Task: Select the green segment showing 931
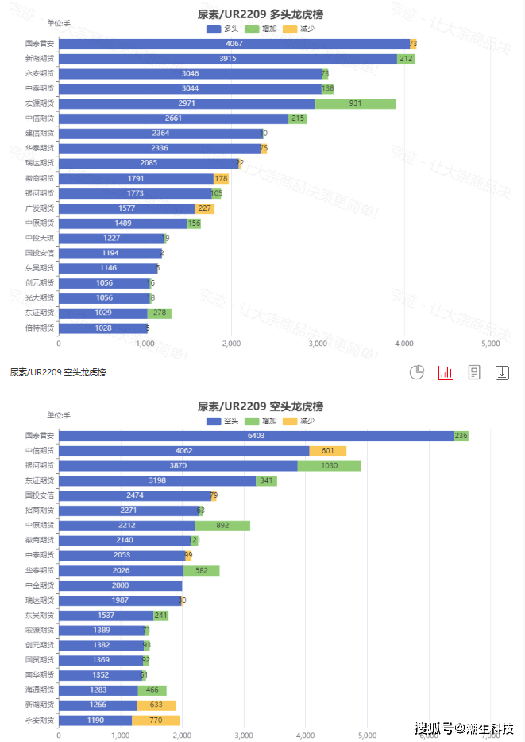355,103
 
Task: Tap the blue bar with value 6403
256,436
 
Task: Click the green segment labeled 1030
329,466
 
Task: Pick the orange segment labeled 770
156,721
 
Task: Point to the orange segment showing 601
327,451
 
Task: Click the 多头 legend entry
222,29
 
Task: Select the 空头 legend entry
222,421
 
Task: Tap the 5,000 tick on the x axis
490,344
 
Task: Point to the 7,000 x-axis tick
490,736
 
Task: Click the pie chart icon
417,372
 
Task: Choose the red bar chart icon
446,372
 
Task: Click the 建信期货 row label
40,134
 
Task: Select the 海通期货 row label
40,690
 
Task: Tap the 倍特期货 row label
40,328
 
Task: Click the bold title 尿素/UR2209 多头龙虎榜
261,14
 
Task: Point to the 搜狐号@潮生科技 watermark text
465,728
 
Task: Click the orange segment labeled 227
204,208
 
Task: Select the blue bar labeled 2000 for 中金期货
121,586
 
